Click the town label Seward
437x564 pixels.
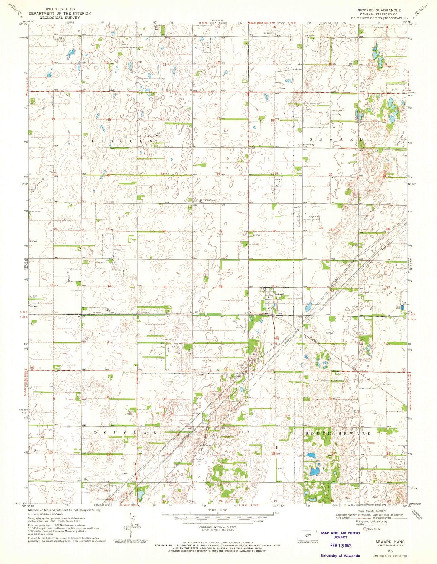(x=279, y=294)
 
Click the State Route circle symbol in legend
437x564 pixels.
(x=365, y=529)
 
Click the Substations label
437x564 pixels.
(x=129, y=372)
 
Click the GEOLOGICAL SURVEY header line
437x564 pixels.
(x=59, y=18)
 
